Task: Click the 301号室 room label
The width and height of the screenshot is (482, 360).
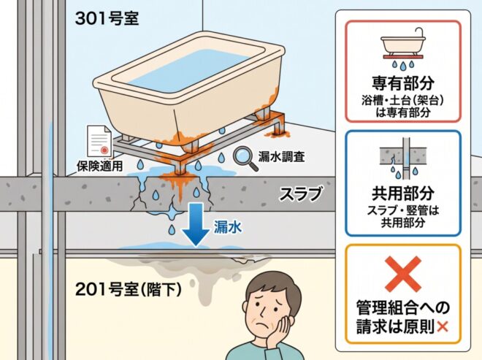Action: [x=107, y=18]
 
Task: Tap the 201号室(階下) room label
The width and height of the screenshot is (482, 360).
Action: [x=129, y=289]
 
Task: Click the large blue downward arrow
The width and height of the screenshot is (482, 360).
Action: [x=196, y=224]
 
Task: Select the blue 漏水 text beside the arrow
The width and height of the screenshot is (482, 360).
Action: [x=228, y=228]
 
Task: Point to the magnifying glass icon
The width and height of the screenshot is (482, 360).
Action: [x=245, y=158]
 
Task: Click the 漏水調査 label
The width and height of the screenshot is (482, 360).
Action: [x=282, y=157]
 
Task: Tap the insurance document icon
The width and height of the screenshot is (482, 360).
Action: [x=99, y=141]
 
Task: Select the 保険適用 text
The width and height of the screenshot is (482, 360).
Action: [x=99, y=166]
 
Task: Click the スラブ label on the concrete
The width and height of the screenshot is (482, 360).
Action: [x=301, y=194]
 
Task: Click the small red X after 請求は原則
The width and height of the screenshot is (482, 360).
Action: [x=442, y=327]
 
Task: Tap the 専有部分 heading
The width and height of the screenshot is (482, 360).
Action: [x=403, y=83]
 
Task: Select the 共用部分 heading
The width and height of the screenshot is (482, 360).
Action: [x=403, y=193]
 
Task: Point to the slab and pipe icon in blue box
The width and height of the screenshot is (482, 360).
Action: [x=403, y=158]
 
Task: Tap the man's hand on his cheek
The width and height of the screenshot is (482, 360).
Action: [x=280, y=329]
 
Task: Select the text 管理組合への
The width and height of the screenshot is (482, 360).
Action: [x=403, y=308]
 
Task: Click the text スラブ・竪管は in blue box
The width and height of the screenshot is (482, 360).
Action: [x=403, y=210]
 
